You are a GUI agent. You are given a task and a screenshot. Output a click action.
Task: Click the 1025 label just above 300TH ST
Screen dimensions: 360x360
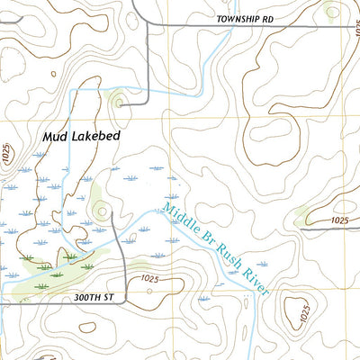click(x=149, y=280)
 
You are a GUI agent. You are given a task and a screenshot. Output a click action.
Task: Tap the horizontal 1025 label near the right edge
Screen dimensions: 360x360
click(x=339, y=220)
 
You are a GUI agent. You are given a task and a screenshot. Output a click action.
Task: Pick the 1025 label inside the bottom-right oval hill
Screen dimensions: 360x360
click(x=304, y=315)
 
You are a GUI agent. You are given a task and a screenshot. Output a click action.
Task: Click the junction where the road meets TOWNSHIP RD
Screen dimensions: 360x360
click(x=148, y=26)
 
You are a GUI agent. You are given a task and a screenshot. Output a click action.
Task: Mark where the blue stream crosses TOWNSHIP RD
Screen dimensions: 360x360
click(x=208, y=26)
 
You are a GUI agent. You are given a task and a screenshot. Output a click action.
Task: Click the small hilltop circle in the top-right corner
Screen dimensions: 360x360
click(x=333, y=12)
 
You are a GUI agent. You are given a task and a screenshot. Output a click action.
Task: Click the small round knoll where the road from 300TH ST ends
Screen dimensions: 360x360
click(x=100, y=212)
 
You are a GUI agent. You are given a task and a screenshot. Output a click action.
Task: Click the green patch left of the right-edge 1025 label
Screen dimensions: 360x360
click(x=306, y=216)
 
